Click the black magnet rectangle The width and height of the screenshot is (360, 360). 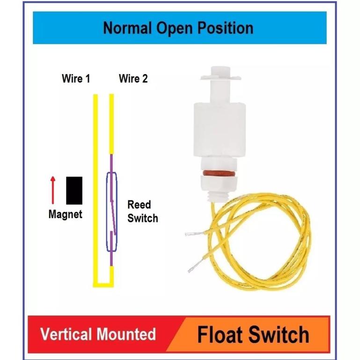(74, 190)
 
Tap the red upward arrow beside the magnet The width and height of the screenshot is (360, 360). (53, 190)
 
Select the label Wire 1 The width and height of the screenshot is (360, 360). (76, 79)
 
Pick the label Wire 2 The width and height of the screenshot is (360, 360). (133, 79)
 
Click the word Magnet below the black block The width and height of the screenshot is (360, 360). (66, 214)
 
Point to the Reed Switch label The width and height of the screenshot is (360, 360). (143, 211)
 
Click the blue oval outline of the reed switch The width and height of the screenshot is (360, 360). (111, 212)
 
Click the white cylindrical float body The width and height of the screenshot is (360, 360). (220, 130)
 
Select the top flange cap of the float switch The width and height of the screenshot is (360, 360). (220, 73)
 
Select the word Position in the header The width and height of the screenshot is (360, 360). (226, 28)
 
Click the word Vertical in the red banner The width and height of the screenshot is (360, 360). (66, 334)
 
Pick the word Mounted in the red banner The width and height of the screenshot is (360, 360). (126, 334)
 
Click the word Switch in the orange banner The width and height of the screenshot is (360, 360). (279, 335)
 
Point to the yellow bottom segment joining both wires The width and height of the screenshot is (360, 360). (103, 285)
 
